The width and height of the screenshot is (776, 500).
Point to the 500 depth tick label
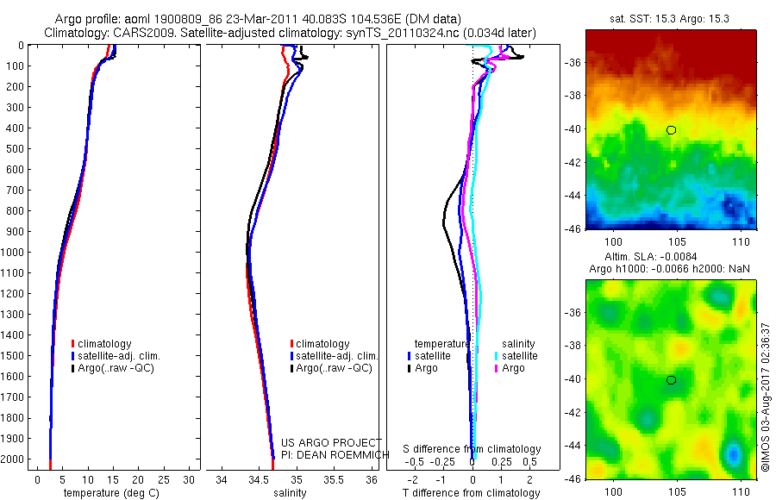coord(15,148)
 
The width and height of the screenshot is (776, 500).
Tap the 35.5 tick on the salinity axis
coord(335,479)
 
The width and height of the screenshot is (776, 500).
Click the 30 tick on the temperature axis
coord(190,479)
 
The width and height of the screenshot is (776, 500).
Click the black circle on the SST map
coord(671,130)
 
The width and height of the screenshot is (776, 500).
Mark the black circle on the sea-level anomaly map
coord(671,380)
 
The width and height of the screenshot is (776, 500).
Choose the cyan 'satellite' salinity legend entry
coord(515,355)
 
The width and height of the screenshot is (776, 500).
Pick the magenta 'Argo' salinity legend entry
coord(509,368)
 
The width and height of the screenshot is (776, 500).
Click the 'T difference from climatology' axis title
coord(471,493)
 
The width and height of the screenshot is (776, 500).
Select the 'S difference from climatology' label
coord(472,449)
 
